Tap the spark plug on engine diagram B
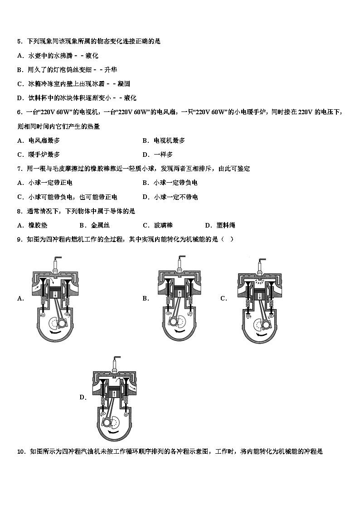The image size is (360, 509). pos(180,263)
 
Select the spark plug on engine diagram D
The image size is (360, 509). pos(117,363)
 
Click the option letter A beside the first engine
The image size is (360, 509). pos(20,298)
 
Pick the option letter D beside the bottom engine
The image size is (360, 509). pos(83,398)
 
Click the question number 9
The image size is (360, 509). pos(19,239)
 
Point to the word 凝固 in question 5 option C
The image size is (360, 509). pos(124,84)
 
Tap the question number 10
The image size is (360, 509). pos(21,451)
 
